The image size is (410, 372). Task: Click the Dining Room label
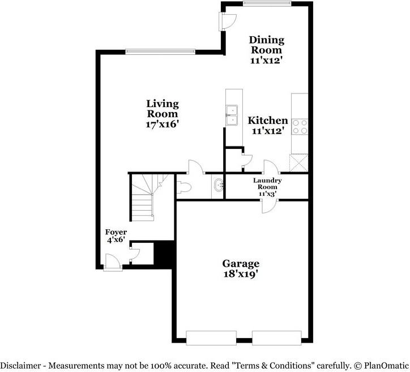(266, 45)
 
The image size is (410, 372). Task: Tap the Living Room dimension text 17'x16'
(163, 123)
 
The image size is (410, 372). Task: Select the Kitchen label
(268, 121)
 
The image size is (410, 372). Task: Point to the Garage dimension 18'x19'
(241, 274)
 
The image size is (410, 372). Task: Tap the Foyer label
(116, 232)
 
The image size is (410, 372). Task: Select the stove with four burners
(300, 126)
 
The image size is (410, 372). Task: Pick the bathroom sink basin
(219, 184)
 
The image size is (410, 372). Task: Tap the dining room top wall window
(267, 3)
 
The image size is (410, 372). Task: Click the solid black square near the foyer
(164, 253)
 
